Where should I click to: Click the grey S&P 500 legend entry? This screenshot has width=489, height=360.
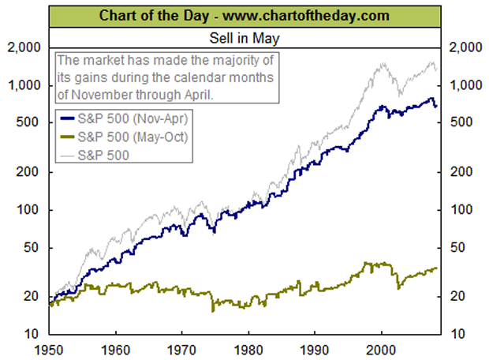106,156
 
